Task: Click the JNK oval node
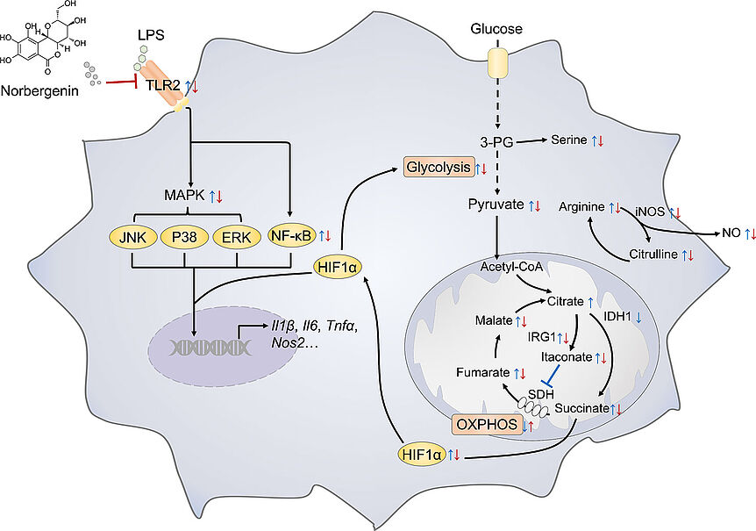132,237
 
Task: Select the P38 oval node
185,237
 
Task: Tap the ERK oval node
237,237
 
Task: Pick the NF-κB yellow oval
291,235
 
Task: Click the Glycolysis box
439,168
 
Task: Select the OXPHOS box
487,425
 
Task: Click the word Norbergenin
40,90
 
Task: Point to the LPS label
151,35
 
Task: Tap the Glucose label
496,29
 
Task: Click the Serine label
569,140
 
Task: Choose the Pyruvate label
496,205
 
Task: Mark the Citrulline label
653,255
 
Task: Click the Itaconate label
567,357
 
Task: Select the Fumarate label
483,372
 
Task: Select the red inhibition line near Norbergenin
122,83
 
